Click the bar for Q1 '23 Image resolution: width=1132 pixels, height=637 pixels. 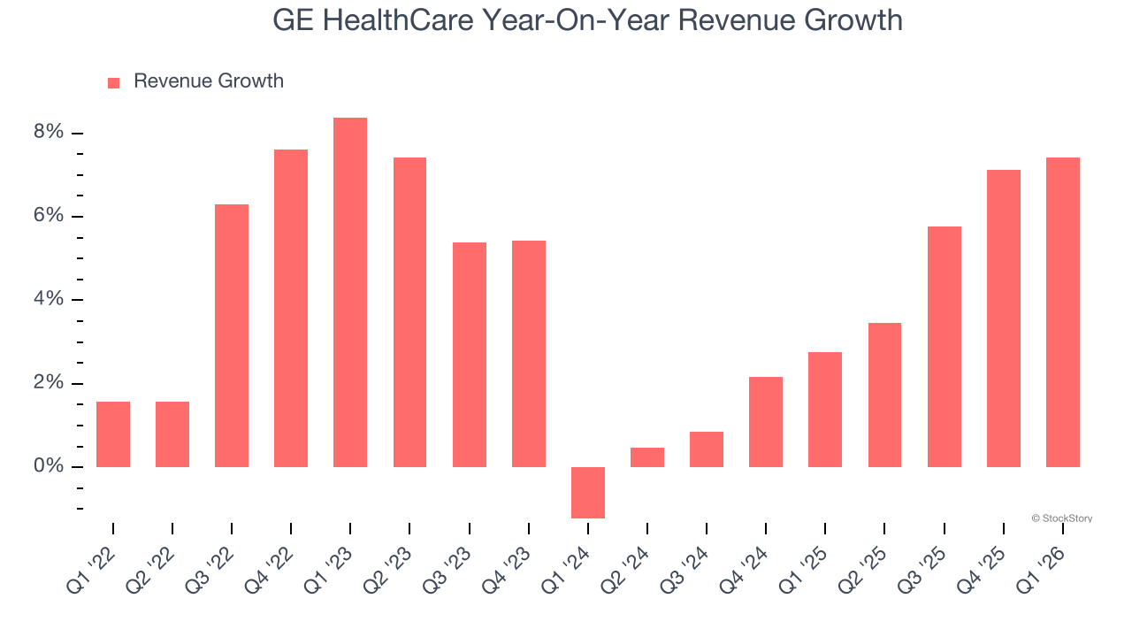(x=350, y=292)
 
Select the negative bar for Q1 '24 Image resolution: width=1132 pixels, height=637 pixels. (x=588, y=492)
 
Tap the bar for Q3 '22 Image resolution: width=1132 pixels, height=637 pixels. (x=232, y=335)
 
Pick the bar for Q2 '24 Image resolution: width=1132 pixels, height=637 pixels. (x=647, y=457)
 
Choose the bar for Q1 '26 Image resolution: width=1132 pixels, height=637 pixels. (x=1062, y=312)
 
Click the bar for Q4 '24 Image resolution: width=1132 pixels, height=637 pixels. (x=766, y=422)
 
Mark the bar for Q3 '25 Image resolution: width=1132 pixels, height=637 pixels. (x=944, y=347)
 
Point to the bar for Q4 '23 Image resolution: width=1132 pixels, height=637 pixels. (x=529, y=354)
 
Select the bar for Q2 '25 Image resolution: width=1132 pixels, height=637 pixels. (x=884, y=395)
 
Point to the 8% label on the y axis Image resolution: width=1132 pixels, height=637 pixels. (x=50, y=133)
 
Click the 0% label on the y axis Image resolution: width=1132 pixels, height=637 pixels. (x=50, y=466)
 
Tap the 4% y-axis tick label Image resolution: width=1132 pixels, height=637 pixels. (x=50, y=299)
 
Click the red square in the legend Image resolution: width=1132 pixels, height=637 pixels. (x=113, y=82)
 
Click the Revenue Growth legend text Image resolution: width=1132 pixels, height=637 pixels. (x=209, y=81)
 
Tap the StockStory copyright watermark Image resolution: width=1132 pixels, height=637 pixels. (x=1061, y=518)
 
